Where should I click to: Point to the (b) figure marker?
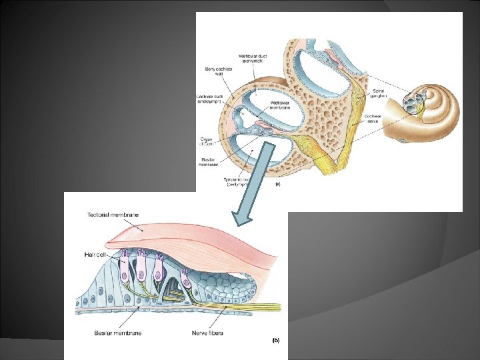point(275,340)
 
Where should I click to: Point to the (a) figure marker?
point(277,183)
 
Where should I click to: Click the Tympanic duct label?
point(239,181)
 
